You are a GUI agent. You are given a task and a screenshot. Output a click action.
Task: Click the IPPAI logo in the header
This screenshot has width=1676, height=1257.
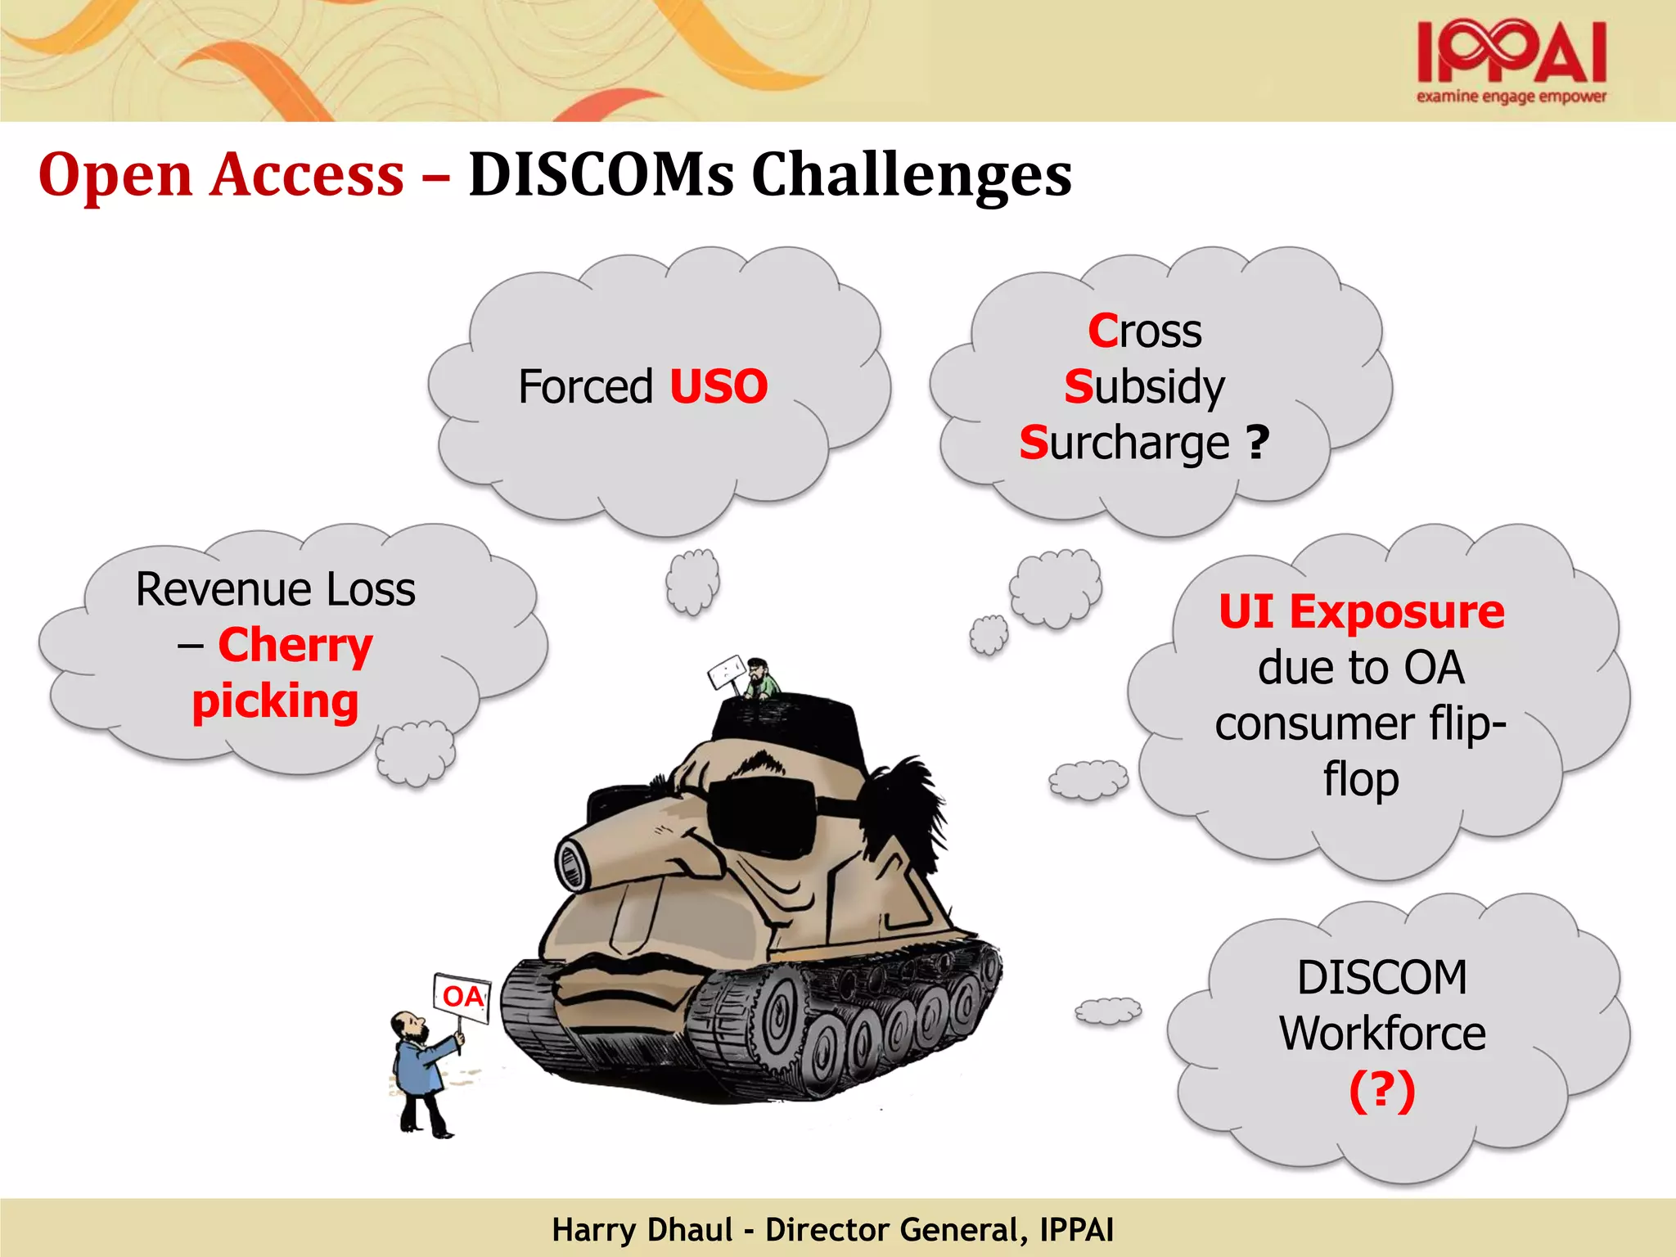(x=1512, y=53)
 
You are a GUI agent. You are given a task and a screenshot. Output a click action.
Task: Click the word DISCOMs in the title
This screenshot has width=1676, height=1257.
(x=601, y=175)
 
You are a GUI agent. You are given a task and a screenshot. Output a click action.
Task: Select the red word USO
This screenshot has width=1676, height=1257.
(x=719, y=386)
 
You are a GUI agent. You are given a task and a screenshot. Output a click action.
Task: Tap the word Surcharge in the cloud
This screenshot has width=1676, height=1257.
(x=1125, y=444)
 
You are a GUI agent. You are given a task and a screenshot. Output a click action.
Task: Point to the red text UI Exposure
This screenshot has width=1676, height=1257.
(x=1361, y=611)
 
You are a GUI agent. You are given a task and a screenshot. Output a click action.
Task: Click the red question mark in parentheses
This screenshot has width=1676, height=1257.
(x=1381, y=1090)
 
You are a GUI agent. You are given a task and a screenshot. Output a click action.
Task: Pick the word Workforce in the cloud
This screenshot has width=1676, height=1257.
(x=1382, y=1034)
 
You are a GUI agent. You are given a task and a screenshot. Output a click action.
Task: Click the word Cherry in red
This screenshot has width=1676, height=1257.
(x=295, y=646)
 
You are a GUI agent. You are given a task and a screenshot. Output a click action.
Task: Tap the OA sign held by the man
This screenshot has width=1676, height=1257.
(x=462, y=997)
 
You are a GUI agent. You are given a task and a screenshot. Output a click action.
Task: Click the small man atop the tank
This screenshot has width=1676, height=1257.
(x=760, y=678)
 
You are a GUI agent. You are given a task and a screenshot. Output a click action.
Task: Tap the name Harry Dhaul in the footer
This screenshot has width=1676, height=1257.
(x=642, y=1230)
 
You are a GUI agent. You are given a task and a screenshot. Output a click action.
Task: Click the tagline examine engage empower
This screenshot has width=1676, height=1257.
(x=1512, y=97)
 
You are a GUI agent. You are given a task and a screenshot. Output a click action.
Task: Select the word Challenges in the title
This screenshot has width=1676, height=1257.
(x=911, y=175)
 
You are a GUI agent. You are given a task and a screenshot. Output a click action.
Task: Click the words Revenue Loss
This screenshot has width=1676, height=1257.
(x=276, y=590)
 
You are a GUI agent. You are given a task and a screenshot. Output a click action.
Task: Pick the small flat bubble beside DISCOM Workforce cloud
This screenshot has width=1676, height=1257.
(x=1107, y=1011)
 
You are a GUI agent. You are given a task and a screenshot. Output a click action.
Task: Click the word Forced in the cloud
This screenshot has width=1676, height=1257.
(x=586, y=386)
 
